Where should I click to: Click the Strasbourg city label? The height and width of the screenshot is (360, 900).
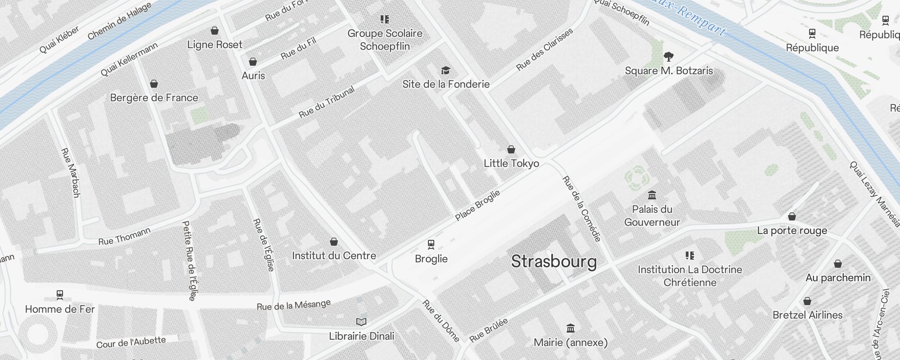tap(554, 261)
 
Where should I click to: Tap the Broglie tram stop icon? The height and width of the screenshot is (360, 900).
tap(431, 244)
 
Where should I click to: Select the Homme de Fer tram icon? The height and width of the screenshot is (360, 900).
tap(60, 295)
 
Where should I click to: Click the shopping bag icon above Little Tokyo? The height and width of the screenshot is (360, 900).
tap(511, 149)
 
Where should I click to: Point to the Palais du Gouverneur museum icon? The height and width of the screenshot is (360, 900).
tap(652, 195)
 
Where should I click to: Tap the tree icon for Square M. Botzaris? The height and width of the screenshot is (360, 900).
tap(669, 57)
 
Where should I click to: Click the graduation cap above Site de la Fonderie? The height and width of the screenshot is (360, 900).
tap(445, 71)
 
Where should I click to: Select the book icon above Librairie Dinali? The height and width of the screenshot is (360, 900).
tap(361, 322)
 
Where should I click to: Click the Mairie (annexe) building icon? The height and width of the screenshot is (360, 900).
tap(571, 328)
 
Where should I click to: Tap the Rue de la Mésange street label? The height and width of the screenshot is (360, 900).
tap(294, 305)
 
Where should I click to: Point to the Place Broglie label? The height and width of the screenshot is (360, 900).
tap(477, 206)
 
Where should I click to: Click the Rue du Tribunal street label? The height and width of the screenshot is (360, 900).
tap(327, 103)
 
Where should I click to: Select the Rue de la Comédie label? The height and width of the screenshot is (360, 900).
tap(581, 209)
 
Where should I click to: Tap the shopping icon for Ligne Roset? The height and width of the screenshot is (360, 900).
tap(215, 31)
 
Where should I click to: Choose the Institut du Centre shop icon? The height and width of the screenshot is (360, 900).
tap(334, 242)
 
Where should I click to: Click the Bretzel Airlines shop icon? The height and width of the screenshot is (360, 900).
tap(807, 301)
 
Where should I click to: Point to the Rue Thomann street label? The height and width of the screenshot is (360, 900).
tap(124, 237)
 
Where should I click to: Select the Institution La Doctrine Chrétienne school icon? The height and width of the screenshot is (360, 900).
tap(690, 256)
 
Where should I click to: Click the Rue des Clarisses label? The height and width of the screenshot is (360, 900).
tap(544, 49)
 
